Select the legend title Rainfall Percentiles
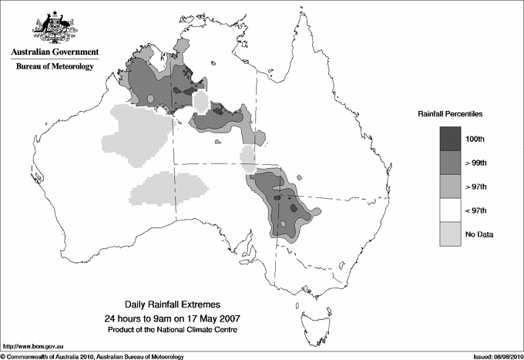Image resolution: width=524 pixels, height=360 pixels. (451, 113)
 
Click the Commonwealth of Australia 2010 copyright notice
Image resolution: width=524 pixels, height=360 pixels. (92, 355)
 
